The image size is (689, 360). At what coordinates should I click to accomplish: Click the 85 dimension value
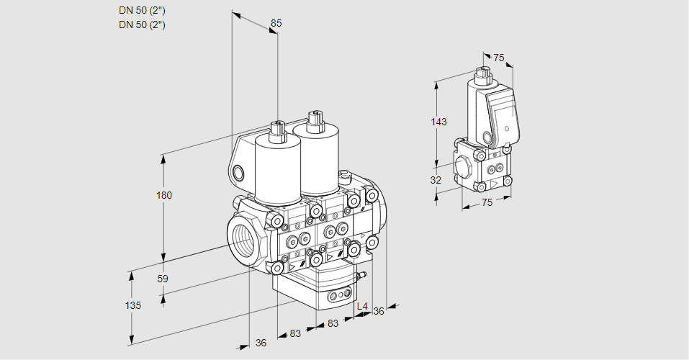[x=276, y=23]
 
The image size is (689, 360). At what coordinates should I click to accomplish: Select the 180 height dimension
[x=165, y=195]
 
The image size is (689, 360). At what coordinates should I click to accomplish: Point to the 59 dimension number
[x=163, y=279]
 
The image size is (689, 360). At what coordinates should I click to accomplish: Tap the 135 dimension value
[x=132, y=305]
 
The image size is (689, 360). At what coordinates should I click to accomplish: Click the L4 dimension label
[x=362, y=307]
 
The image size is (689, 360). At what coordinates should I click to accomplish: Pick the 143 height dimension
[x=438, y=122]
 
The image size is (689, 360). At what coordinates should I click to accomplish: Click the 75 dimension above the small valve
[x=499, y=58]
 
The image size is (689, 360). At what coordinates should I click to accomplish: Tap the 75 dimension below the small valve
[x=487, y=203]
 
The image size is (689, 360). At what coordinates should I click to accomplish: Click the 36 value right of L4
[x=379, y=311]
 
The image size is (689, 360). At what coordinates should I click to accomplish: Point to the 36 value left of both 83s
[x=261, y=343]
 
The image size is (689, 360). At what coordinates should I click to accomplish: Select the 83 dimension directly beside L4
[x=333, y=324]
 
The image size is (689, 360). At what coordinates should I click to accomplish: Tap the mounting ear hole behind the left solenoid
[x=239, y=172]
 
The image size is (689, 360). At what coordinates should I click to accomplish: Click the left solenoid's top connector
[x=276, y=130]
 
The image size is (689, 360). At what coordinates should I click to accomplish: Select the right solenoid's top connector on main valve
[x=313, y=118]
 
